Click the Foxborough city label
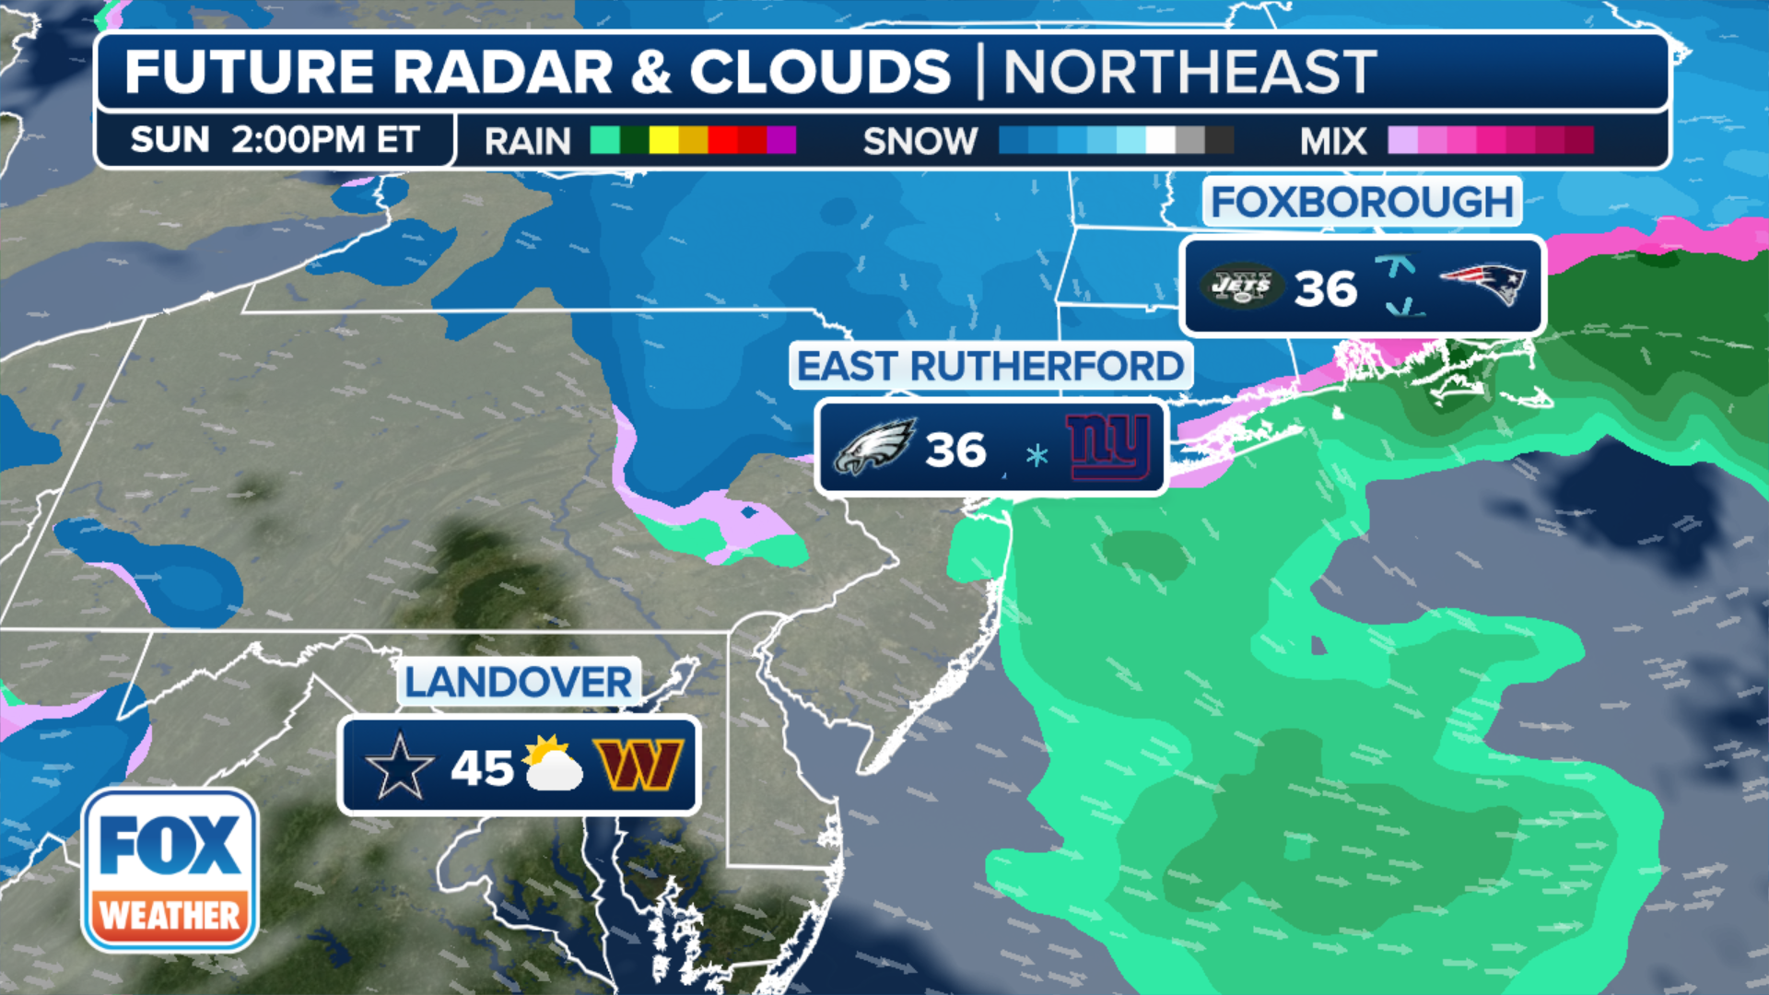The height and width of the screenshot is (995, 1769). click(x=1362, y=202)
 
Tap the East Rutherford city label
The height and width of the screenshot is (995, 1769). click(x=990, y=366)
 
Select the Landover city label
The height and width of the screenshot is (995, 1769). click(x=519, y=683)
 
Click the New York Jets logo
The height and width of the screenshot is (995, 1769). click(x=1241, y=286)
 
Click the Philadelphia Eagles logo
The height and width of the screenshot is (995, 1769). click(x=873, y=447)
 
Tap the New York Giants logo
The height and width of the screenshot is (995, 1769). click(x=1108, y=447)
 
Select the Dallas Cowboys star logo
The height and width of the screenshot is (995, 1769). click(x=399, y=766)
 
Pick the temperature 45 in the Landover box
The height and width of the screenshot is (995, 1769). click(x=482, y=767)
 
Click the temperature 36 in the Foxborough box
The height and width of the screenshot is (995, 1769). click(x=1325, y=289)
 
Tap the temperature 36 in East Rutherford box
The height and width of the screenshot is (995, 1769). click(x=955, y=451)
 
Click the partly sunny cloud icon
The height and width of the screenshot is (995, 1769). click(x=554, y=764)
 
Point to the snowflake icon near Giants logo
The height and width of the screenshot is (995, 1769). click(x=1037, y=454)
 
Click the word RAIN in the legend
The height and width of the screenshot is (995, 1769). click(x=528, y=142)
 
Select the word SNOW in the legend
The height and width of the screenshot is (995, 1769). click(x=920, y=142)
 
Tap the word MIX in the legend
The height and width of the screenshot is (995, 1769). click(x=1333, y=142)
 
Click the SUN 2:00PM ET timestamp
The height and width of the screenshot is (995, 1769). click(x=275, y=140)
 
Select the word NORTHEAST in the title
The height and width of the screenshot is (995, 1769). click(x=1189, y=72)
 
